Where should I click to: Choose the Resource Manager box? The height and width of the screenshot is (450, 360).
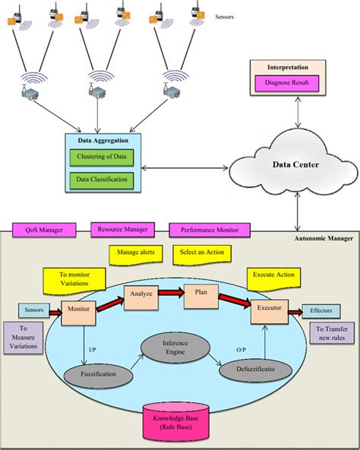pos(123,228)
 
